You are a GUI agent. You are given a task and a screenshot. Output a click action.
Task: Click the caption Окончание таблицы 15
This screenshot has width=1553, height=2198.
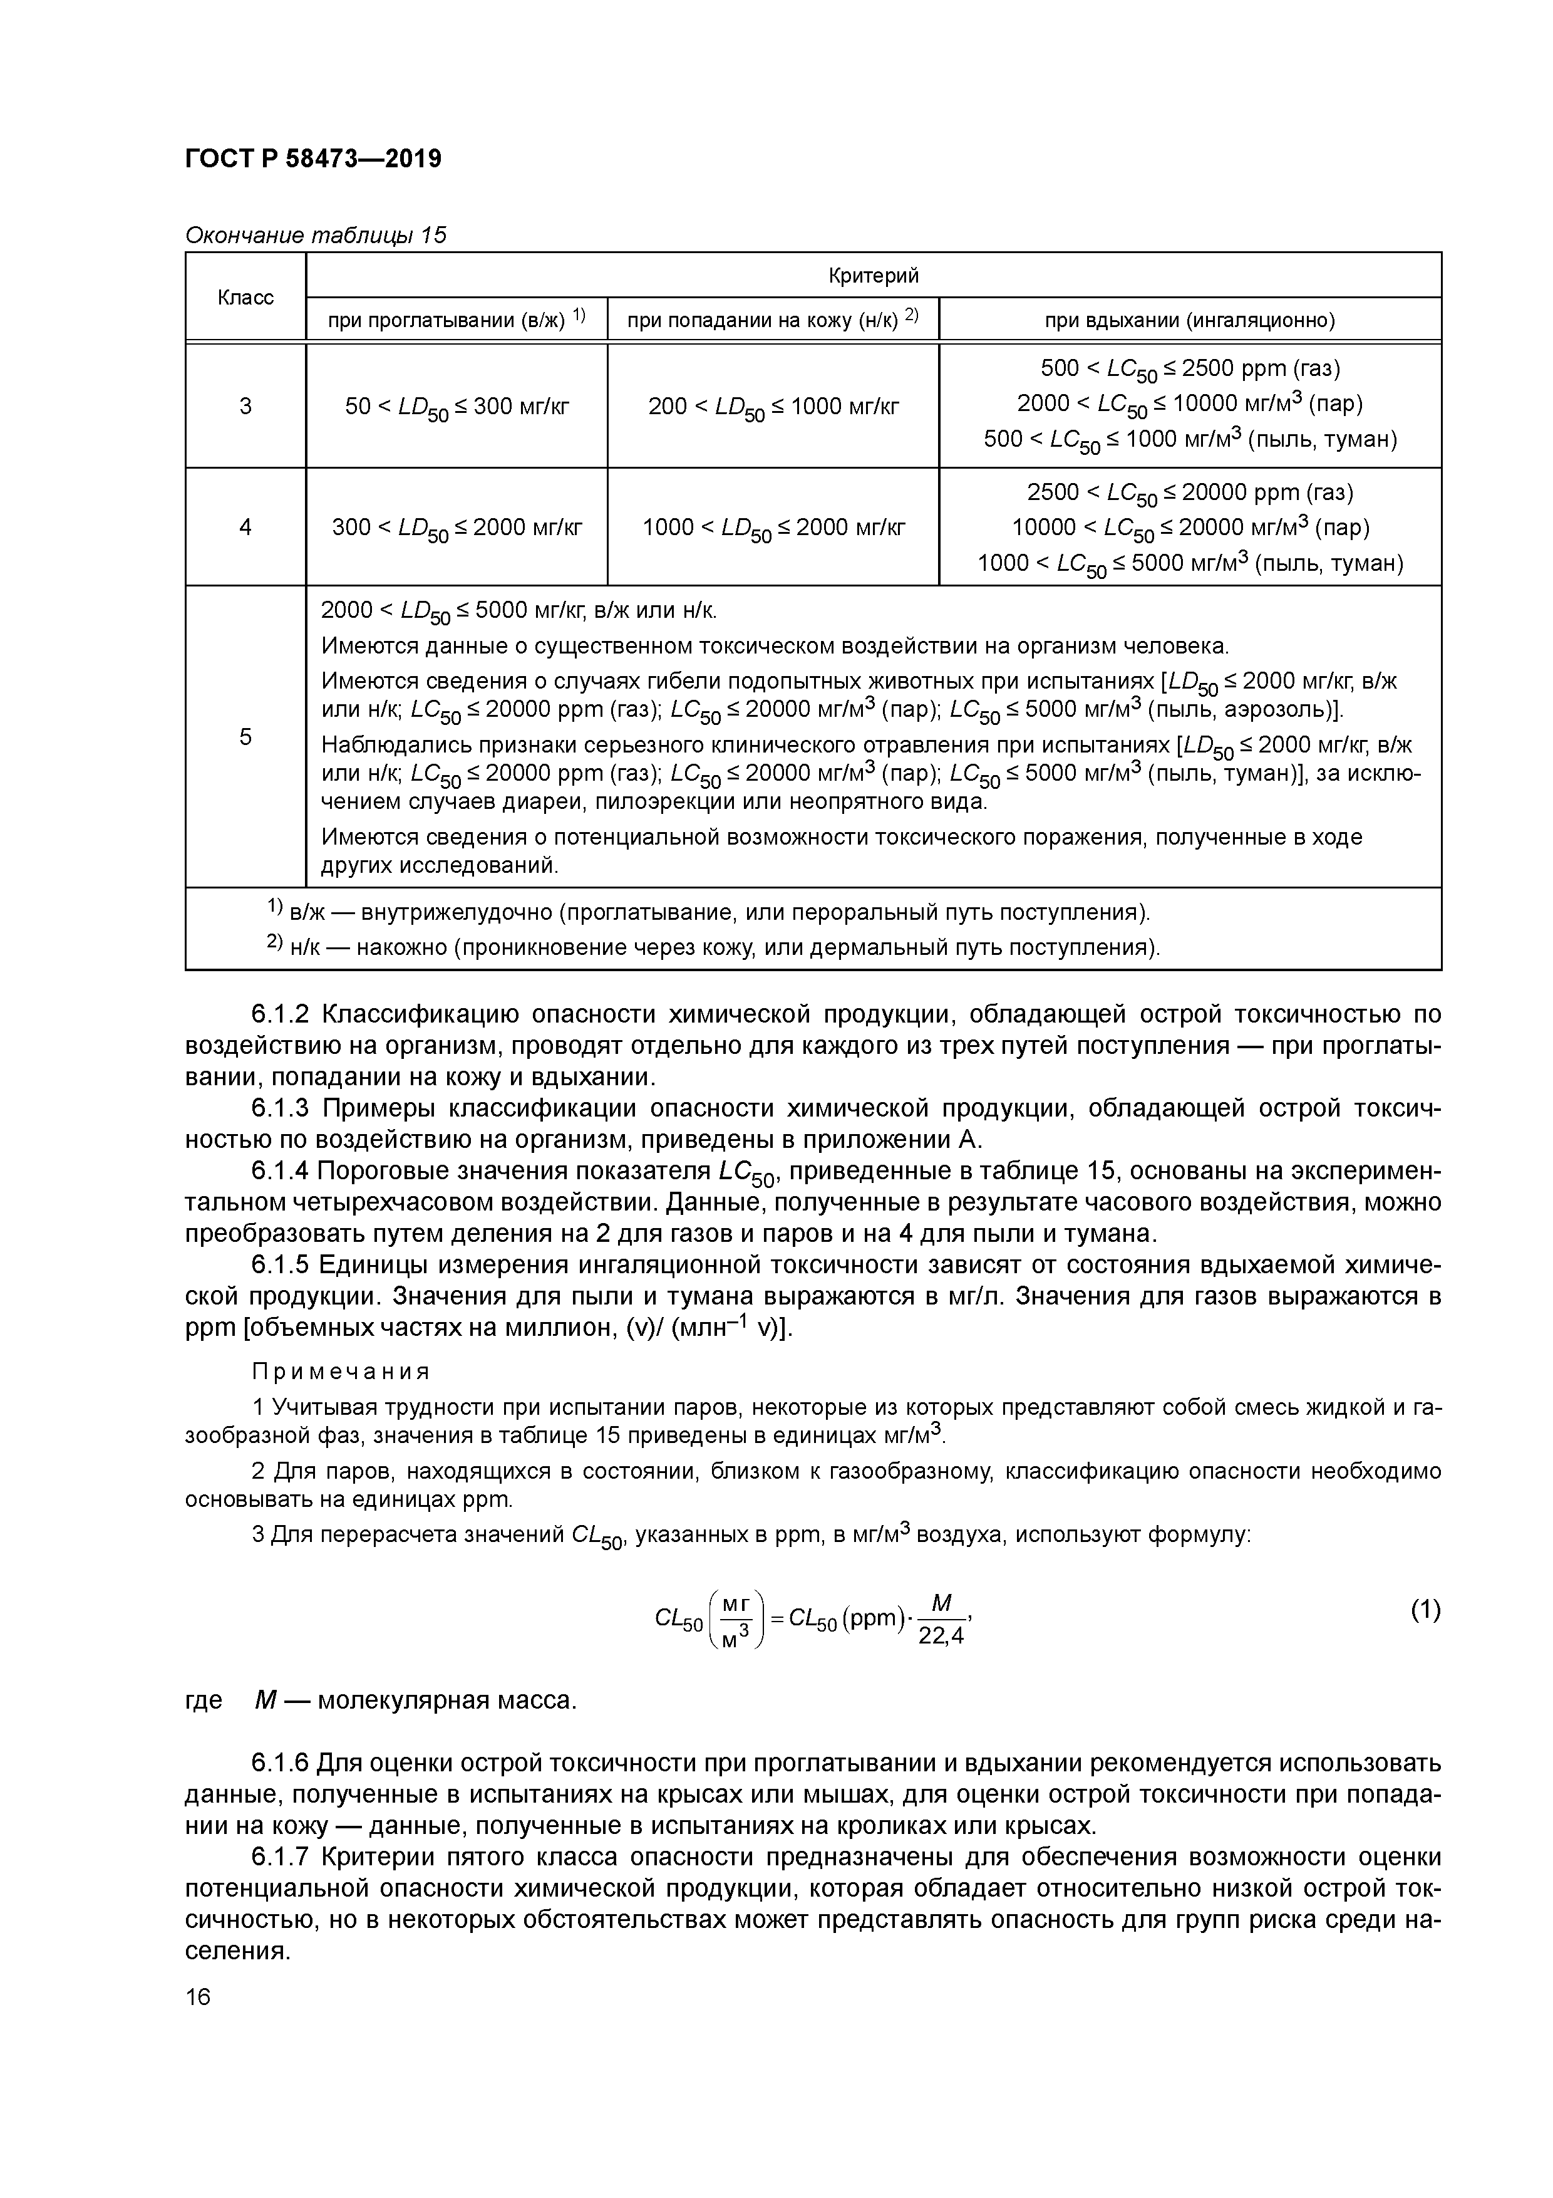click(316, 236)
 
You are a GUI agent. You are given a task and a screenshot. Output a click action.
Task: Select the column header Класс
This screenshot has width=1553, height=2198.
click(246, 298)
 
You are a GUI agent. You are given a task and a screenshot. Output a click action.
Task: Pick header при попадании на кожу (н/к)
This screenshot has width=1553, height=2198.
click(772, 320)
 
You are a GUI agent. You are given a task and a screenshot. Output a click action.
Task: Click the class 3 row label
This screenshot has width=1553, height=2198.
click(246, 406)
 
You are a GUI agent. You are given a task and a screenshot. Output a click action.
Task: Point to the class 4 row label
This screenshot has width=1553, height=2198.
click(246, 526)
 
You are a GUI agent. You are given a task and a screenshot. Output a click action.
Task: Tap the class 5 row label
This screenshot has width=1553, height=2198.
click(246, 736)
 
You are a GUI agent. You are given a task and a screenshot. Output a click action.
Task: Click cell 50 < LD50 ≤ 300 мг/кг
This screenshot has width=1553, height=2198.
click(457, 407)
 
